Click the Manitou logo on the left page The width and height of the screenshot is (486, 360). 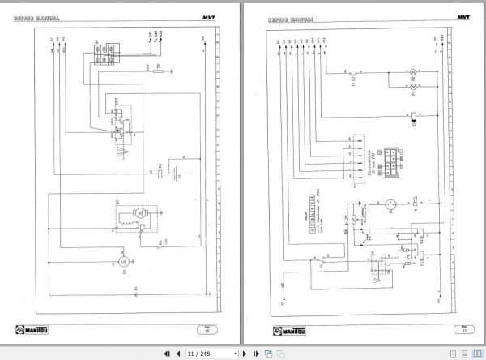click(30, 328)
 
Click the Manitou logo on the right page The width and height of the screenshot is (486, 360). click(284, 328)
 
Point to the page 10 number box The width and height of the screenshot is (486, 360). click(205, 328)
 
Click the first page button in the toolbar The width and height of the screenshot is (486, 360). click(167, 354)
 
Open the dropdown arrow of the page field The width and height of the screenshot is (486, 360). click(236, 354)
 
